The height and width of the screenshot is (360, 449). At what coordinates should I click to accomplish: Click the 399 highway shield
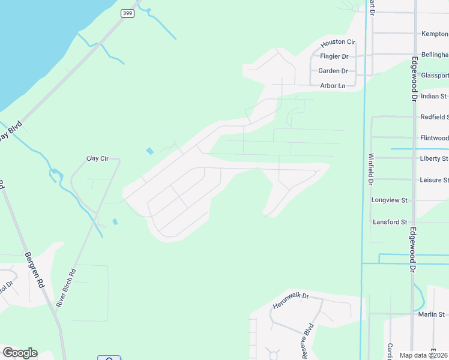(x=127, y=13)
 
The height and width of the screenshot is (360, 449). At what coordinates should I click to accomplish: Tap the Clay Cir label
(x=97, y=158)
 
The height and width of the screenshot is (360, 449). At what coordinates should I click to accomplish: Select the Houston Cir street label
(x=338, y=44)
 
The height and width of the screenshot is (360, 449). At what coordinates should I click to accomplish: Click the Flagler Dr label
(x=334, y=56)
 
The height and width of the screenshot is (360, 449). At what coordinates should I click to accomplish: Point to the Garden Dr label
(x=333, y=71)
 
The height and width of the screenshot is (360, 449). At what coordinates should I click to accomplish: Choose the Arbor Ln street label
(x=333, y=86)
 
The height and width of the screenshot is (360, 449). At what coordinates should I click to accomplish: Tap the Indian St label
(x=434, y=96)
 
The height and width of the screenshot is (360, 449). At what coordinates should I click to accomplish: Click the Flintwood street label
(x=434, y=138)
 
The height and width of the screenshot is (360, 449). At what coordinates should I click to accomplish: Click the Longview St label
(x=390, y=200)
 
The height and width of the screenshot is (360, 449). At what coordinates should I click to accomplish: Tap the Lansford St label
(x=390, y=222)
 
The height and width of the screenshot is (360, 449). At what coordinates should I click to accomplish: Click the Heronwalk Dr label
(x=291, y=301)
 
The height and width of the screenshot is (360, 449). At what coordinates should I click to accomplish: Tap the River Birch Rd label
(x=66, y=288)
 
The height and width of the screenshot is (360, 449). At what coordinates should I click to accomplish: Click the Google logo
(x=20, y=353)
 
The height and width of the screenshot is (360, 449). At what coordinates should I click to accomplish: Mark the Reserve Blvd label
(x=308, y=341)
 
